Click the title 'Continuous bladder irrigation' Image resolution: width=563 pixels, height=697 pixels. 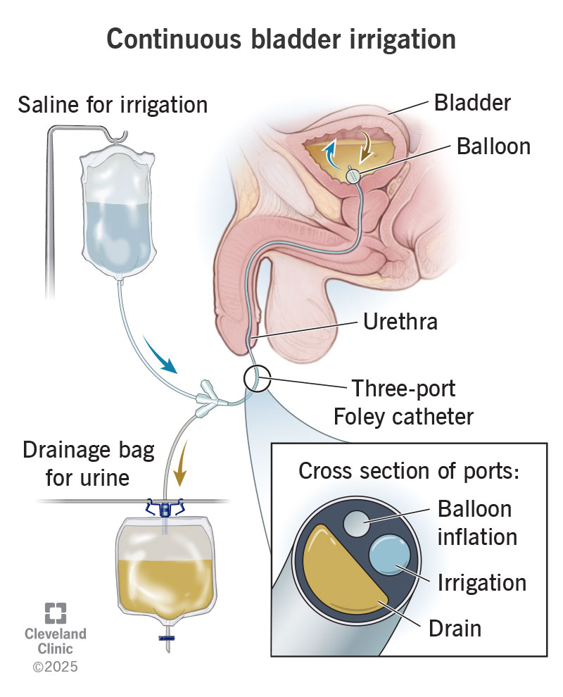click(281, 39)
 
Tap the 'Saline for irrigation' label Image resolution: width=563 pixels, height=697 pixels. click(113, 106)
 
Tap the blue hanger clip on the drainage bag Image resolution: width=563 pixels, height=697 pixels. click(165, 508)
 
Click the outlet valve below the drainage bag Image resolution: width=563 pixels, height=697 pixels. click(167, 639)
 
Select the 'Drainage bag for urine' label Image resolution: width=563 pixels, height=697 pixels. click(89, 464)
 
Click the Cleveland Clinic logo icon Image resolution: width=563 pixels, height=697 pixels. click(56, 613)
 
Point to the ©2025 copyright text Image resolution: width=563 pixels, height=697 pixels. click(55, 666)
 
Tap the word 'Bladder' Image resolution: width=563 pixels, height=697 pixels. click(472, 103)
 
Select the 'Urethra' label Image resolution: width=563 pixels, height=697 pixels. click(400, 321)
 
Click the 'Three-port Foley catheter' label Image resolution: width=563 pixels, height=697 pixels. click(403, 403)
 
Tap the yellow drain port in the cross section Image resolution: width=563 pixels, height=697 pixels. click(339, 573)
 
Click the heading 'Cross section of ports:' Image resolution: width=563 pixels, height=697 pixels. click(409, 471)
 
